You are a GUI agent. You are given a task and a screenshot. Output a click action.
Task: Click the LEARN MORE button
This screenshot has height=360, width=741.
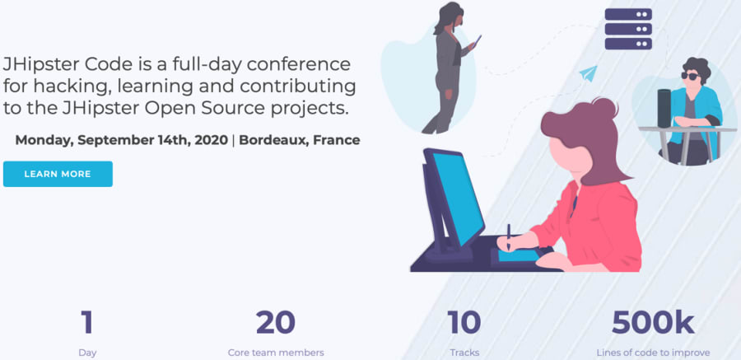click(58, 174)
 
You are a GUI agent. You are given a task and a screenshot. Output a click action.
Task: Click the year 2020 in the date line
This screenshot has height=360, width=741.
click(210, 140)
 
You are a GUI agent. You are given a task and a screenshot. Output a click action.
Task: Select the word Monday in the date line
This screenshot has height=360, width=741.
click(44, 140)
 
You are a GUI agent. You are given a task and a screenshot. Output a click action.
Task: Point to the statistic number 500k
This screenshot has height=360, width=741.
click(653, 322)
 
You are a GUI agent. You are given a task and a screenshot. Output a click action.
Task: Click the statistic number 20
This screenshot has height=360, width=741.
click(275, 322)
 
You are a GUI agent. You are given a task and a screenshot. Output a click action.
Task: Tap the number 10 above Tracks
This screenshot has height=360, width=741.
click(464, 322)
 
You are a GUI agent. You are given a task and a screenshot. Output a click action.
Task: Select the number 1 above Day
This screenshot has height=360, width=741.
click(87, 322)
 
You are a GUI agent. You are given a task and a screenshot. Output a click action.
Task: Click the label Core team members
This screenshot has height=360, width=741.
click(276, 353)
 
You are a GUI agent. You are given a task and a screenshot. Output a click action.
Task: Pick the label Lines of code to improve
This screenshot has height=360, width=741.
click(653, 353)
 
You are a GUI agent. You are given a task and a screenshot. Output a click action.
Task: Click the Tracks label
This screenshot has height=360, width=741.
click(464, 353)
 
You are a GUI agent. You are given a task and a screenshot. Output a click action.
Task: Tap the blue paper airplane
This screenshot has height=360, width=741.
click(587, 74)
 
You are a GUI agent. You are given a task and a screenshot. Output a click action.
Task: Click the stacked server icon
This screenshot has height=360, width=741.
click(628, 29)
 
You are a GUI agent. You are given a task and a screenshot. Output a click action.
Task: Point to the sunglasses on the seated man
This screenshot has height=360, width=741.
click(689, 76)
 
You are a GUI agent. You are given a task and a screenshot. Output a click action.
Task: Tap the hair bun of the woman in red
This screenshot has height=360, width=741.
click(603, 108)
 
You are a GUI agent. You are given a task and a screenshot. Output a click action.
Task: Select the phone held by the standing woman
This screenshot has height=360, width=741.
click(478, 40)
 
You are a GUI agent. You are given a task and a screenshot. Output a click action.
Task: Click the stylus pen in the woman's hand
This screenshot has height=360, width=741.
click(508, 234)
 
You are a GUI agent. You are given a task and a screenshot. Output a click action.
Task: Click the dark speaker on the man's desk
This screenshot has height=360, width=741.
click(664, 108)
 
